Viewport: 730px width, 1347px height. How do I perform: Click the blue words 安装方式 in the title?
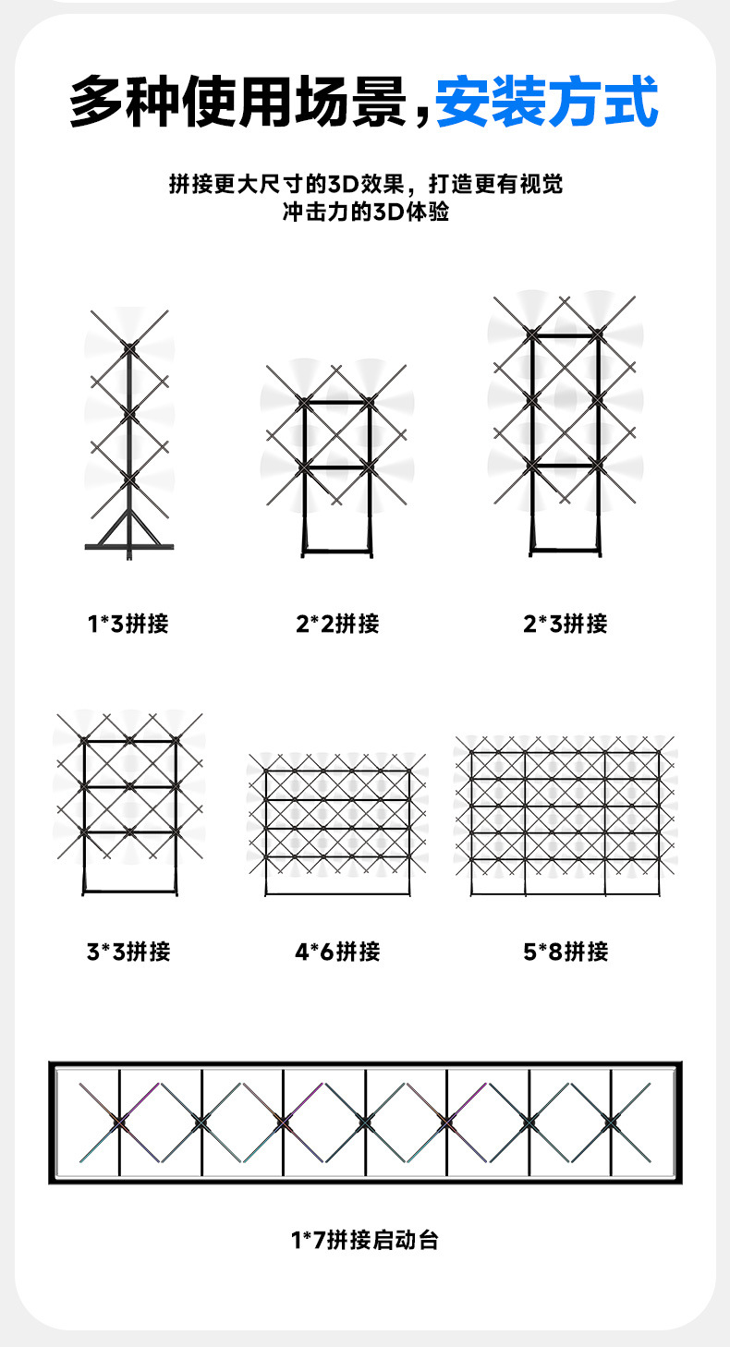point(547,102)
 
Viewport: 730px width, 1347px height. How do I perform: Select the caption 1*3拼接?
point(128,624)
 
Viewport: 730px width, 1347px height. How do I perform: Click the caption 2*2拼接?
point(337,624)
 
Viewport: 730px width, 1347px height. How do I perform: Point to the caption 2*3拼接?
point(565,624)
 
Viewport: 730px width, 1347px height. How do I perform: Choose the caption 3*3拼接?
point(128,951)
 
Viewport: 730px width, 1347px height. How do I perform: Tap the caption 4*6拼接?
point(337,951)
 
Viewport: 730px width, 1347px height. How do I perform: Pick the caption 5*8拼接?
point(565,951)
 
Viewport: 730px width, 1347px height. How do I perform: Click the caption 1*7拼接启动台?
point(365,1239)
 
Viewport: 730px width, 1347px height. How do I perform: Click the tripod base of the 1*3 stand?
point(129,541)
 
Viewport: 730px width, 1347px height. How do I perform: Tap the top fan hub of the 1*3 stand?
point(129,346)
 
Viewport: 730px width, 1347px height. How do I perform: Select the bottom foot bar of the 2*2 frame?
point(336,552)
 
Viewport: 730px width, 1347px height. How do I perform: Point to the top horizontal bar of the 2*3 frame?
point(565,334)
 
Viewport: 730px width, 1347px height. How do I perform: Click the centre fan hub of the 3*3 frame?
point(129,786)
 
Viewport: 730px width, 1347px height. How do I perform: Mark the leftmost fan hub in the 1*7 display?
point(119,1122)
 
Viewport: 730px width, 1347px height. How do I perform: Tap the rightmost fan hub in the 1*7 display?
point(610,1122)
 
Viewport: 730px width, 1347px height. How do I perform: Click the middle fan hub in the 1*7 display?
point(365,1122)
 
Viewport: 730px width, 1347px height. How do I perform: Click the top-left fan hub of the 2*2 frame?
point(303,402)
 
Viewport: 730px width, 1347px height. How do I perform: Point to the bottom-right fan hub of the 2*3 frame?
point(599,467)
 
